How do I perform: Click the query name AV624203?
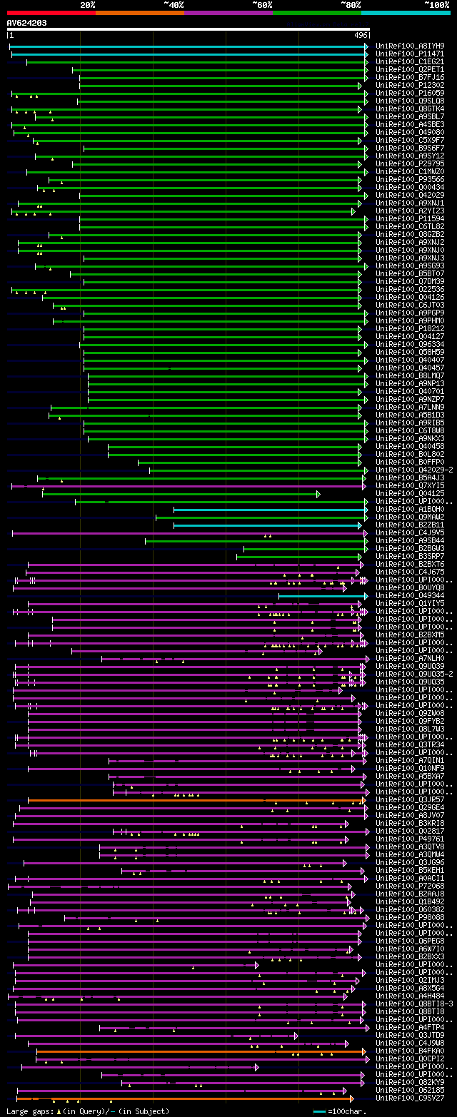(27, 23)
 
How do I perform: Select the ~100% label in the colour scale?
(436, 4)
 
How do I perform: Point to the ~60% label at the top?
(261, 4)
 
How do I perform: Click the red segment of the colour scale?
(50, 12)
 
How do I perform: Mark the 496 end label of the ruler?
(361, 35)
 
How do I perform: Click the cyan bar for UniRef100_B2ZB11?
(267, 525)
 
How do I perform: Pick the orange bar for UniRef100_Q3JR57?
(193, 800)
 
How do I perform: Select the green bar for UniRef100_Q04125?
(179, 494)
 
